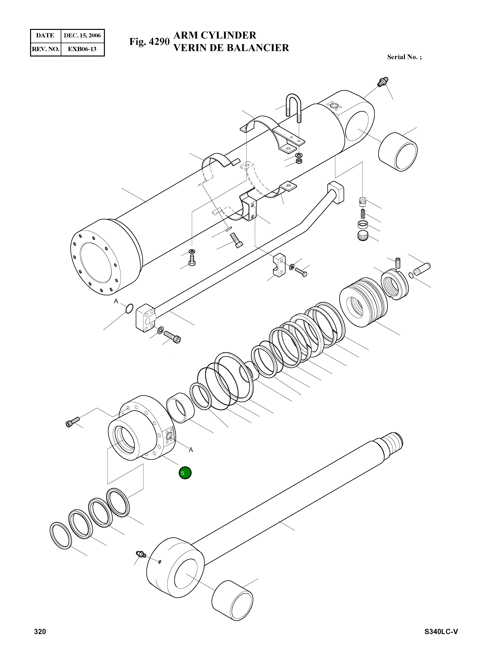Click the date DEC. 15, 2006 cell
coord(82,36)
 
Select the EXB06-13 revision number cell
coord(82,49)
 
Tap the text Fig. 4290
coord(149,42)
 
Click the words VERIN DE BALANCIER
coord(231,48)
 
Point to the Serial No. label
coord(404,57)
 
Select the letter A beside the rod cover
coord(191,450)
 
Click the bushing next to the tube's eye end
coord(397,152)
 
